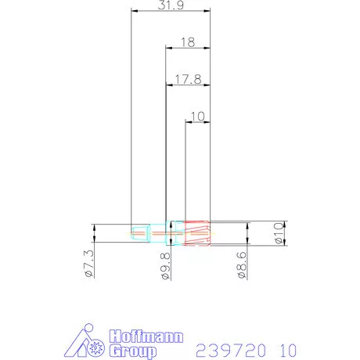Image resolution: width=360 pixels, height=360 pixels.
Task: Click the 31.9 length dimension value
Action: click(171, 5)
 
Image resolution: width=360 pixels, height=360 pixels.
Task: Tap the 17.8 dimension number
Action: click(188, 79)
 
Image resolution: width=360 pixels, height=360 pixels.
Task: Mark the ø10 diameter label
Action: click(279, 234)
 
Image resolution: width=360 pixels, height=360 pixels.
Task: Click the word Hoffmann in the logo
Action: click(147, 337)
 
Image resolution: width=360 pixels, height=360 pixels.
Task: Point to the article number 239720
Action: click(229, 348)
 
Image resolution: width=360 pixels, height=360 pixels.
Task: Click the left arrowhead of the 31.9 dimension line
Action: click(134, 11)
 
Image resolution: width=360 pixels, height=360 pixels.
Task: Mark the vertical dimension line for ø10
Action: click(286, 232)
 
